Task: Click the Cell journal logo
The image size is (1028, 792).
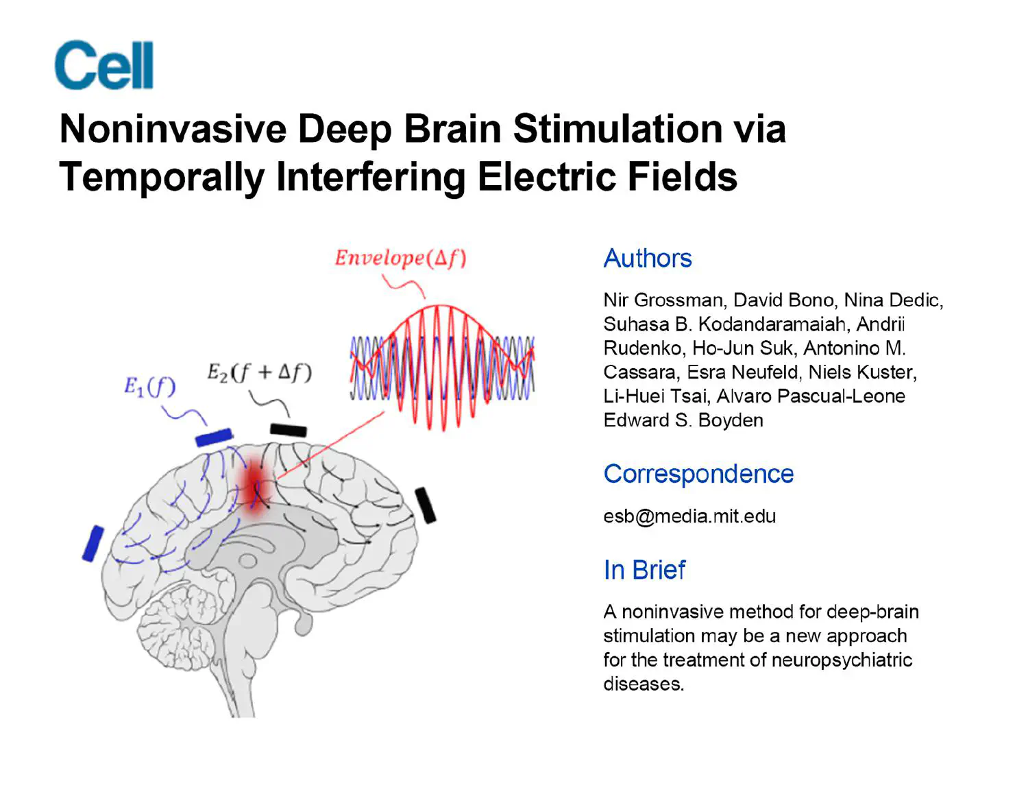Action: click(104, 65)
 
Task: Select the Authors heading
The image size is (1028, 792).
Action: click(647, 259)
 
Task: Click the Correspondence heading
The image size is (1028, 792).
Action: click(698, 474)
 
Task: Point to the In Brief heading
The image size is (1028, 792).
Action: click(644, 570)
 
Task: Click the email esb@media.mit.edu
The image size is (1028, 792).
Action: click(689, 516)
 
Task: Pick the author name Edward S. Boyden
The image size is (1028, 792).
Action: click(683, 420)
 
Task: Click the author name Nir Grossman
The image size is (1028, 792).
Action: click(662, 300)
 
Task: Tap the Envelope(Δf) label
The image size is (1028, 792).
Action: click(400, 259)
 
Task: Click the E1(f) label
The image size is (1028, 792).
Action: click(149, 387)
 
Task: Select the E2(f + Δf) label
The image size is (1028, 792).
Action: click(259, 372)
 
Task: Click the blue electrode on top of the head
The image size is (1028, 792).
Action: click(214, 437)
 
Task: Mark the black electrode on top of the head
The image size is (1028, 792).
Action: click(288, 430)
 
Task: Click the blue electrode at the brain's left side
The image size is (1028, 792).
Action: click(93, 543)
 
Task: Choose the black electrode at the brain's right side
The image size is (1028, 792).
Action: click(426, 505)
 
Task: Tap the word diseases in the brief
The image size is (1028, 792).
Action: click(643, 684)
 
